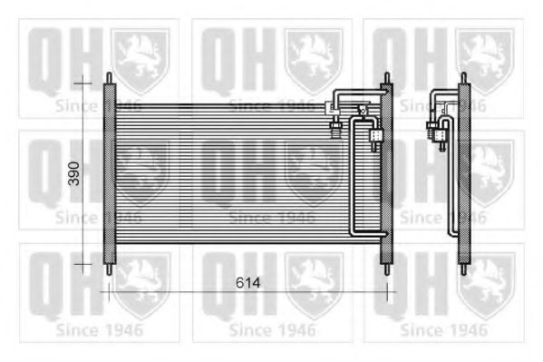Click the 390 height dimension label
click(73, 173)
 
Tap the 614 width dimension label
click(248, 283)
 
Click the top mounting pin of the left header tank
click(109, 78)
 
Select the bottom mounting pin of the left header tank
click(109, 269)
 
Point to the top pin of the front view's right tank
click(387, 78)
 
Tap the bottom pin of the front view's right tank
click(387, 269)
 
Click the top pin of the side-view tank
click(464, 78)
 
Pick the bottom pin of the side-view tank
click(464, 269)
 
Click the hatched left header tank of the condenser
click(109, 173)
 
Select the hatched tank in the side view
click(464, 173)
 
